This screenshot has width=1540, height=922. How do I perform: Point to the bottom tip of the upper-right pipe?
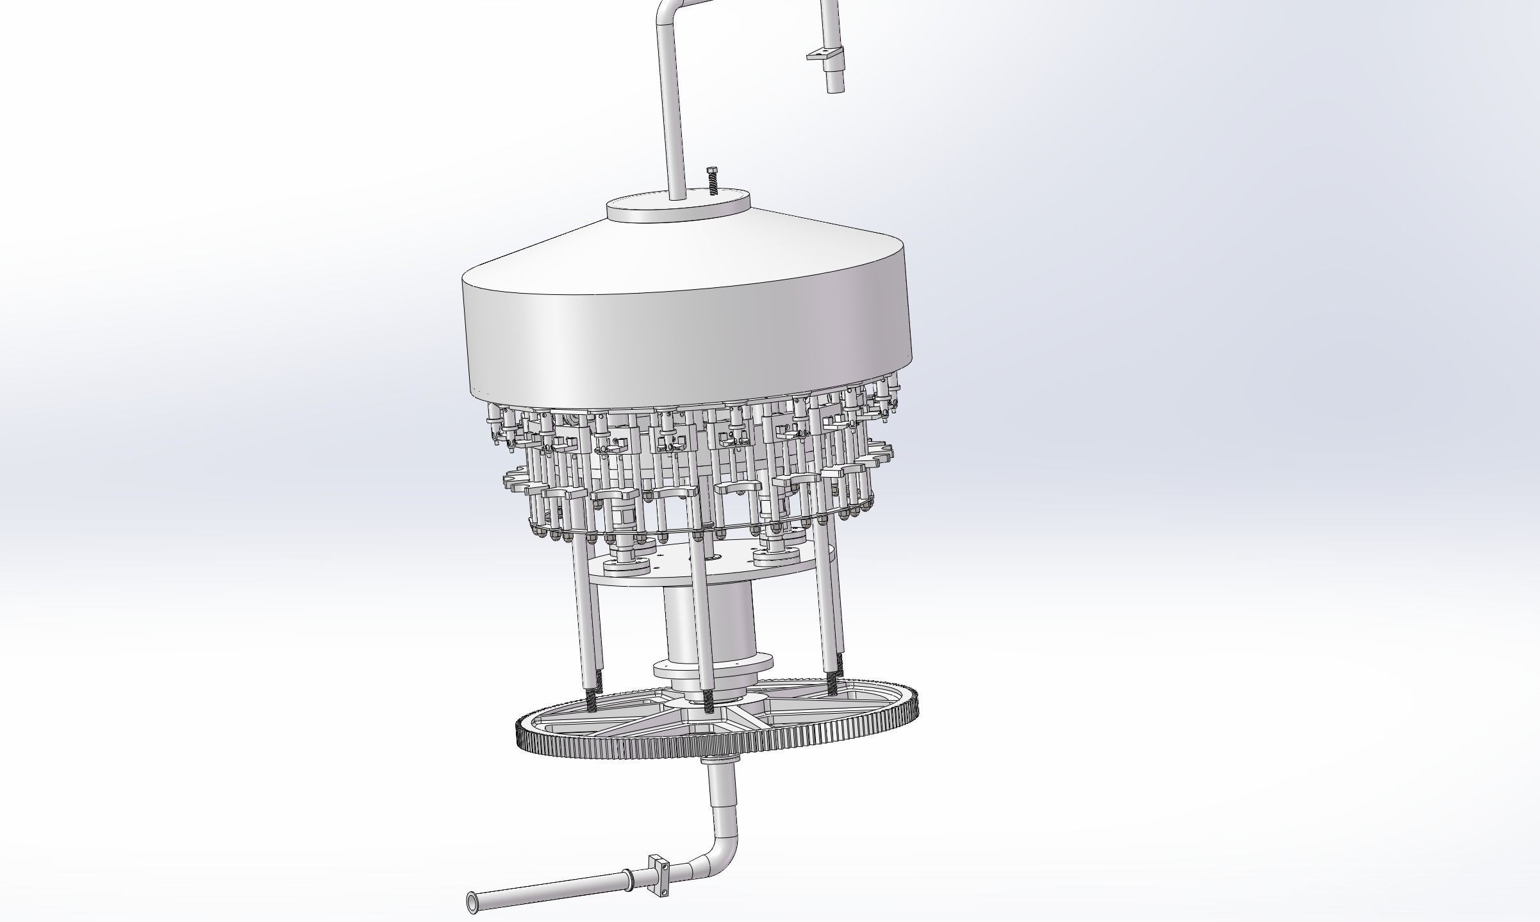833,88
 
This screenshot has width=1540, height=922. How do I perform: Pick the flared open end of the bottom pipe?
473,902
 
